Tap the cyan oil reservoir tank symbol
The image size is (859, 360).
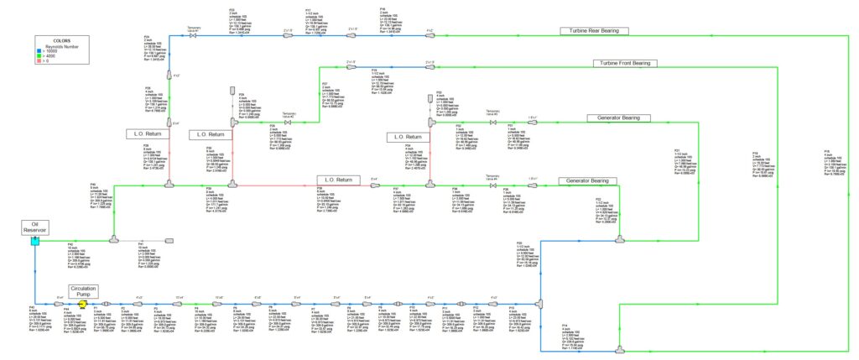click(34, 241)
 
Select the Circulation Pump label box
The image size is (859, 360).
click(83, 291)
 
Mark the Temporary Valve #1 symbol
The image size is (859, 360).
click(194, 36)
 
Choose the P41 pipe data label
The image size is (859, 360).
click(149, 254)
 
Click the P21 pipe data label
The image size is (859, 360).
click(679, 164)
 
